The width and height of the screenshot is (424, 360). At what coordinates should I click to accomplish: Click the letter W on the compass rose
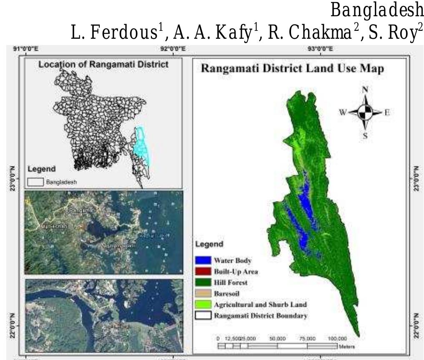coord(344,112)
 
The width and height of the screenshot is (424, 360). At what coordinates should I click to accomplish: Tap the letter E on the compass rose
coord(386,112)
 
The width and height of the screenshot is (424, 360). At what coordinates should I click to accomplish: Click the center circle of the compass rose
coord(365,112)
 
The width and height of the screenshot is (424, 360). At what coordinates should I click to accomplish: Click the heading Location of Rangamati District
coord(103,64)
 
